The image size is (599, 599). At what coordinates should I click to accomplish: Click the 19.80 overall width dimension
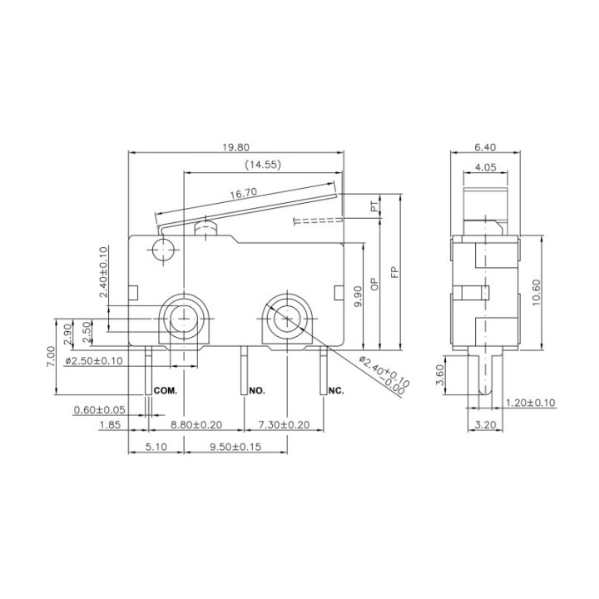[x=236, y=147]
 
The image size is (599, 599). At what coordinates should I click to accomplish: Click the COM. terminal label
[x=166, y=390]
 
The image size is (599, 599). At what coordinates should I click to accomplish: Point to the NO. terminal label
[x=257, y=390]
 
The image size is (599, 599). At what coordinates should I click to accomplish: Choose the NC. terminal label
[x=336, y=390]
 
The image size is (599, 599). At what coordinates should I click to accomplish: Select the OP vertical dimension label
[x=375, y=285]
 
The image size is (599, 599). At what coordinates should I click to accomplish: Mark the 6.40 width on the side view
[x=485, y=147]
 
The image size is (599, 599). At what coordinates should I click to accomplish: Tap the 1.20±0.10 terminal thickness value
[x=531, y=403]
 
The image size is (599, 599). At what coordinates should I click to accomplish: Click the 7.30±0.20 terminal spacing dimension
[x=283, y=425]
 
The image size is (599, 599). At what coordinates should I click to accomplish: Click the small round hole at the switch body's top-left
[x=161, y=249]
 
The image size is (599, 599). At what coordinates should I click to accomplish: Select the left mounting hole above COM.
[x=184, y=316]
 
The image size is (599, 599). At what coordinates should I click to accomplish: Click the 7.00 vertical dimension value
[x=52, y=356]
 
